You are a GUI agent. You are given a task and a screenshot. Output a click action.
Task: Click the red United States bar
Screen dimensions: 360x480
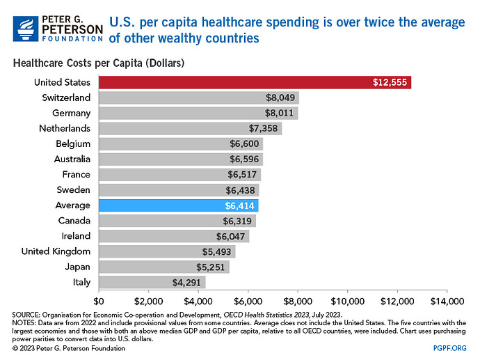click(255, 83)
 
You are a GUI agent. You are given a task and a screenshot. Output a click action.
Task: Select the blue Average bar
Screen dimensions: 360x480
click(178, 205)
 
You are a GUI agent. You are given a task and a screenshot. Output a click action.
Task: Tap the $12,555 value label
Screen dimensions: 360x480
click(390, 83)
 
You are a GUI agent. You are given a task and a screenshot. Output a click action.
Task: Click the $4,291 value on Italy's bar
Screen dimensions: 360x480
click(187, 283)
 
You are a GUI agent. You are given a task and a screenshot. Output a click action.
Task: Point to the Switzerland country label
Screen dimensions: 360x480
click(66, 98)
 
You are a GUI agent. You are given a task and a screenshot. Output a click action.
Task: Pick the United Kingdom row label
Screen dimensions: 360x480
click(56, 251)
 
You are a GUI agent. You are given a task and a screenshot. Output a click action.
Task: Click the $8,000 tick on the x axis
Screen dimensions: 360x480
click(297, 302)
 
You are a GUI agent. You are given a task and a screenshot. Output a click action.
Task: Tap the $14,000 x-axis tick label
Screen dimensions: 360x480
click(446, 302)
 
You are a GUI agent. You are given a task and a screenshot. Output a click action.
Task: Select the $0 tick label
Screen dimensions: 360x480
click(98, 302)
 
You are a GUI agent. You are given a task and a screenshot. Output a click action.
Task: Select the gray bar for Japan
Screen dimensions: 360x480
click(163, 267)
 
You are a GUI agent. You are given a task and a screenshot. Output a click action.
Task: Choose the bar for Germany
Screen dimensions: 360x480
click(198, 114)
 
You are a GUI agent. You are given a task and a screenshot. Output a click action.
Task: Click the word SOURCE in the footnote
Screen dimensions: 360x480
click(26, 315)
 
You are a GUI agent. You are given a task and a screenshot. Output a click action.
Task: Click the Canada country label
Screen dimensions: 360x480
click(74, 221)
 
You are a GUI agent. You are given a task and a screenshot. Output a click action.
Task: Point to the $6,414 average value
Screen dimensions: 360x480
click(241, 205)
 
